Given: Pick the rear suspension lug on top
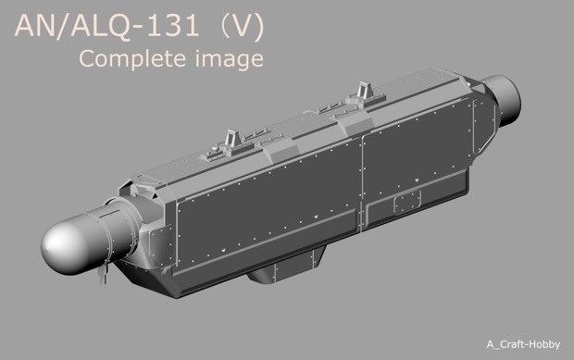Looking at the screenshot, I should [361, 93].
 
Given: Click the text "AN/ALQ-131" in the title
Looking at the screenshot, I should [102, 27].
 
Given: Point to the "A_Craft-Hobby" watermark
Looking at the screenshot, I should [523, 344].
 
